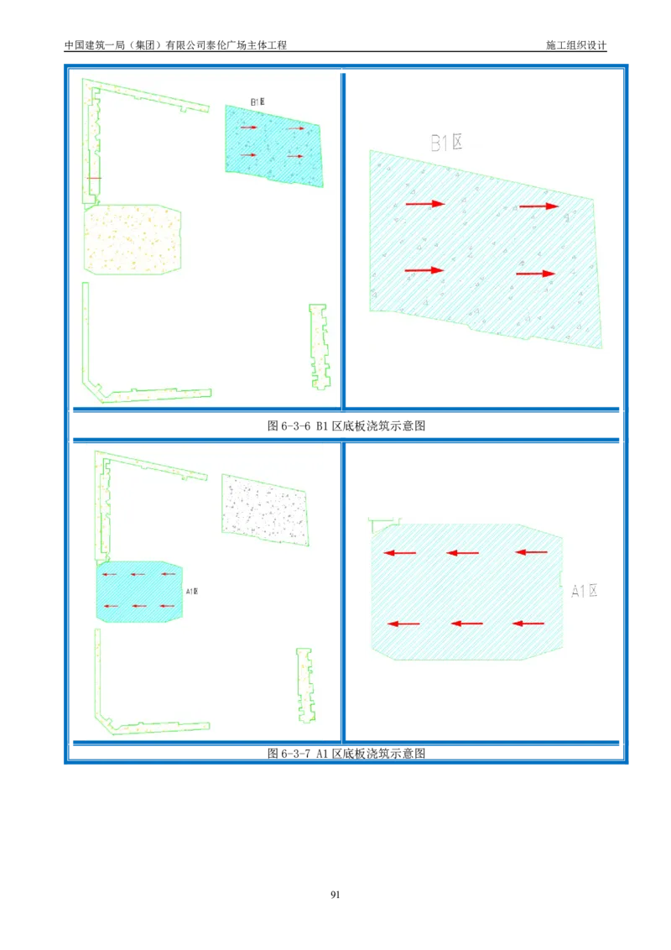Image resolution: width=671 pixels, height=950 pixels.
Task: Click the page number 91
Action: pyautogui.click(x=335, y=895)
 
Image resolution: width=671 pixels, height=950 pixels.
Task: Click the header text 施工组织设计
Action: pyautogui.click(x=576, y=45)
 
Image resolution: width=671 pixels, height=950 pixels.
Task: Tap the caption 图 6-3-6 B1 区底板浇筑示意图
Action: pyautogui.click(x=346, y=426)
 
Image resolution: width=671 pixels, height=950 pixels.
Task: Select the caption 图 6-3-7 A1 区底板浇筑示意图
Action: pyautogui.click(x=346, y=753)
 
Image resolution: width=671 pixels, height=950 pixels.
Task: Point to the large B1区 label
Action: pyautogui.click(x=447, y=143)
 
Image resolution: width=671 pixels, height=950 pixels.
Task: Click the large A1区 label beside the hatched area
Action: pyautogui.click(x=585, y=591)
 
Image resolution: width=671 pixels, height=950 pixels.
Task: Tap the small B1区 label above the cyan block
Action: pyautogui.click(x=257, y=102)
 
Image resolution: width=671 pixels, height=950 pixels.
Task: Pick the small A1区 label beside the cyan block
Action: pyautogui.click(x=192, y=592)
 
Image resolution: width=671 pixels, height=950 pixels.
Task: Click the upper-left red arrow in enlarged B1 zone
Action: pyautogui.click(x=425, y=204)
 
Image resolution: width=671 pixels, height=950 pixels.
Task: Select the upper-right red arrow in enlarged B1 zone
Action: pyautogui.click(x=539, y=206)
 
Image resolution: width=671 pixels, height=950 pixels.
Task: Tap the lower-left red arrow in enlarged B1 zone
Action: pyautogui.click(x=424, y=270)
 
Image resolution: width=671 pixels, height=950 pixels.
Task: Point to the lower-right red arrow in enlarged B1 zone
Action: pyautogui.click(x=535, y=274)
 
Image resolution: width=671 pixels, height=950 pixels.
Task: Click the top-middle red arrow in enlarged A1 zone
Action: pyautogui.click(x=463, y=552)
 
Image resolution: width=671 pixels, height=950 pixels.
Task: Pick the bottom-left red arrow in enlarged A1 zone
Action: pyautogui.click(x=404, y=624)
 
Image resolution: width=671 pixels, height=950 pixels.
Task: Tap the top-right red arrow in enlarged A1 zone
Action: pyautogui.click(x=531, y=552)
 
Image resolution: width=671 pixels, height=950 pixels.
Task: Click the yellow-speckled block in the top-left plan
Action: pyautogui.click(x=133, y=239)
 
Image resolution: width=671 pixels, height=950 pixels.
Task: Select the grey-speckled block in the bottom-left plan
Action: pyautogui.click(x=265, y=509)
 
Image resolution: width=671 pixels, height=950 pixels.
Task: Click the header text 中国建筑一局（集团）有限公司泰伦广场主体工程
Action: pyautogui.click(x=175, y=45)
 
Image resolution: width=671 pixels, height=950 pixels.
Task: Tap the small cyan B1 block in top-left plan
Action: pyautogui.click(x=273, y=145)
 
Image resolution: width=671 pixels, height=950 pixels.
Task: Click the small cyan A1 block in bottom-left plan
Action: pyautogui.click(x=139, y=592)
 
